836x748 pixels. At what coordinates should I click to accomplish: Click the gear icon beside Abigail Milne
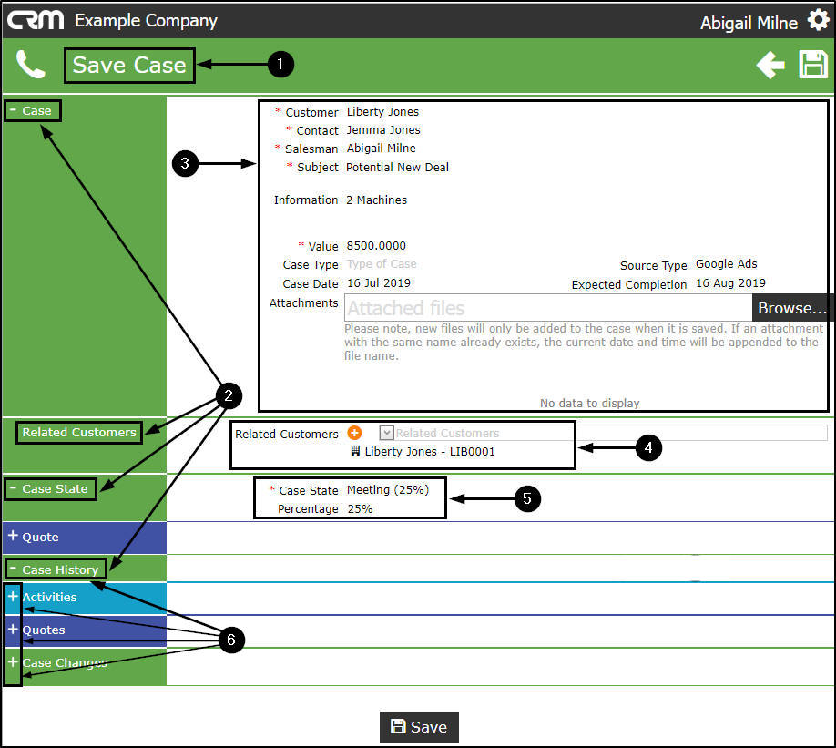[818, 20]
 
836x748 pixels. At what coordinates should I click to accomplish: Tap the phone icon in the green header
[30, 65]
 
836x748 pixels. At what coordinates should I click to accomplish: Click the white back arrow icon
[770, 65]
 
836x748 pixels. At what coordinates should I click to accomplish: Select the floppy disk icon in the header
[813, 65]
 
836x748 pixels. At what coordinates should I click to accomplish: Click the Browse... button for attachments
[792, 308]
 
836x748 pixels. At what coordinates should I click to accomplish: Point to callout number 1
[280, 64]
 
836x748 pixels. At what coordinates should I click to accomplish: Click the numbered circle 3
[185, 164]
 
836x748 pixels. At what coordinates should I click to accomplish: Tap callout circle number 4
[647, 447]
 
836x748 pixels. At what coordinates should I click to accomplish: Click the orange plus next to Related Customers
[355, 434]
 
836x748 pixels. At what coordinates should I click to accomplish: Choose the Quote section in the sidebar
[40, 538]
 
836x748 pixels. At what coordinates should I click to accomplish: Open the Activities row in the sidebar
[49, 598]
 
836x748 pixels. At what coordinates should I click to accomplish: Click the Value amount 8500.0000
[376, 246]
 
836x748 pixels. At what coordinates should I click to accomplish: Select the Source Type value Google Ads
[727, 264]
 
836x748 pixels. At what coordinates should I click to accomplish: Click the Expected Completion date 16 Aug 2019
[730, 283]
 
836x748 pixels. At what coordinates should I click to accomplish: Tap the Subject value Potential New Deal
[397, 168]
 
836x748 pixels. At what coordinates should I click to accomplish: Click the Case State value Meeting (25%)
[387, 490]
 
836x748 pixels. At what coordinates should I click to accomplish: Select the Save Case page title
[129, 65]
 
